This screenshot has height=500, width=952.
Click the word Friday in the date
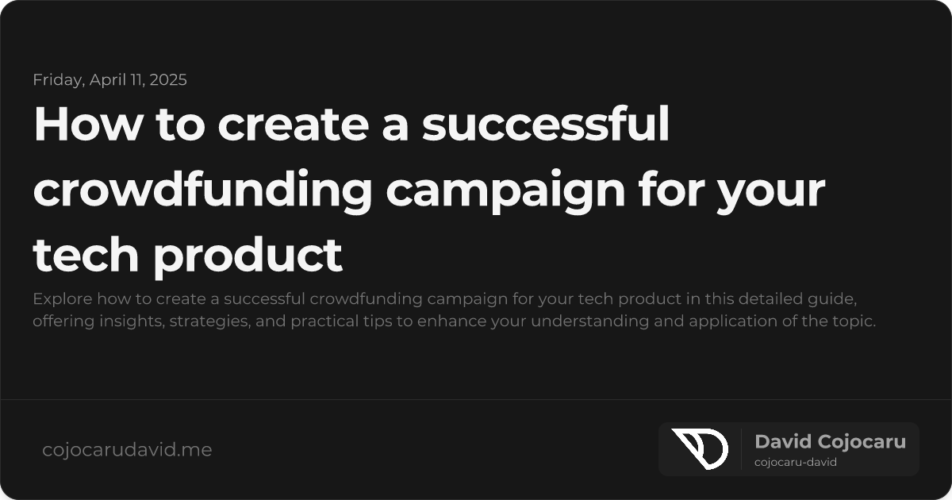[x=53, y=79]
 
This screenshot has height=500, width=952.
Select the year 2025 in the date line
[x=167, y=79]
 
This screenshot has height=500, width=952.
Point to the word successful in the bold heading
[x=546, y=125]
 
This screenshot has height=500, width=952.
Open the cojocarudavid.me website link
[x=127, y=450]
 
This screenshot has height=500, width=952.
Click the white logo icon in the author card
[x=699, y=448]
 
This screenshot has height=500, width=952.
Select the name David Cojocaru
[x=830, y=441]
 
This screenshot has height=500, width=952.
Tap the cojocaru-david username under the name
[x=796, y=462]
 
